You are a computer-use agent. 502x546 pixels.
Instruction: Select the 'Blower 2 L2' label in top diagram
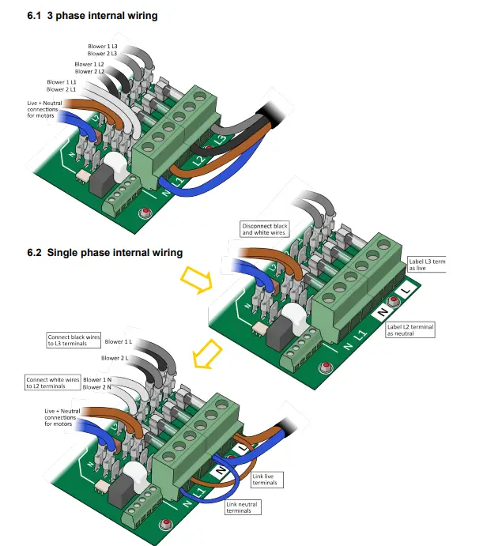pos(89,72)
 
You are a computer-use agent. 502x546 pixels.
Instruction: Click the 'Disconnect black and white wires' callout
pos(266,229)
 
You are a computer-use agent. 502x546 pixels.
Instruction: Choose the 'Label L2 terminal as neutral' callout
pos(411,329)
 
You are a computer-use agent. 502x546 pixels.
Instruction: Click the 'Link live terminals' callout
pos(266,480)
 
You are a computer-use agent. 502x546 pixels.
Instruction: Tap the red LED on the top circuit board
pos(145,213)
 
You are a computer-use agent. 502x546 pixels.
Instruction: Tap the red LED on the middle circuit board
pos(325,366)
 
